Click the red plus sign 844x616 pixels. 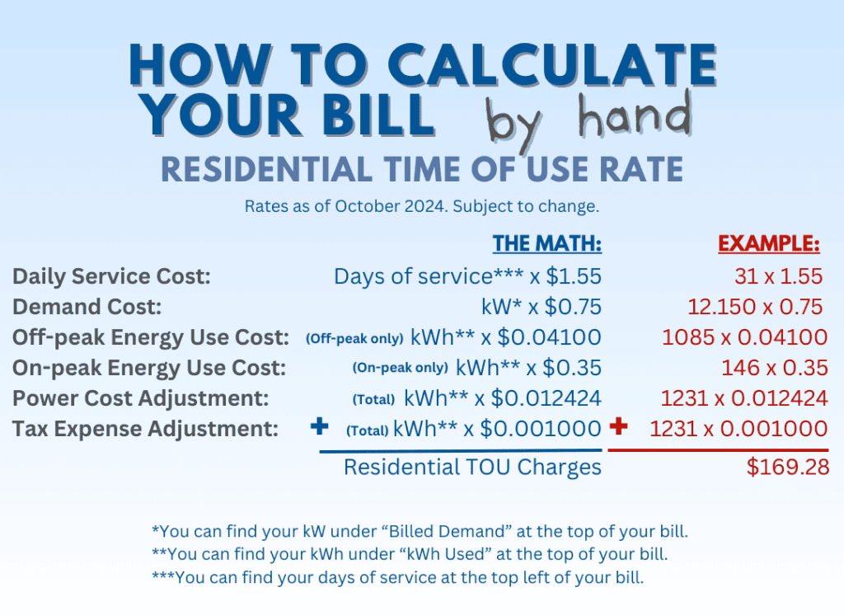[618, 427]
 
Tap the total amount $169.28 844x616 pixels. [787, 468]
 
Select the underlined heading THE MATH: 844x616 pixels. [547, 244]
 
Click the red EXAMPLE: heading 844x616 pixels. [768, 244]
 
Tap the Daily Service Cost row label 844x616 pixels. [112, 276]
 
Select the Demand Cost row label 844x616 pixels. [87, 307]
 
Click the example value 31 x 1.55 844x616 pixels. [778, 276]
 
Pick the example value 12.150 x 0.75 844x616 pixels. [755, 307]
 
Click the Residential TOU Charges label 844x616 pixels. [472, 468]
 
